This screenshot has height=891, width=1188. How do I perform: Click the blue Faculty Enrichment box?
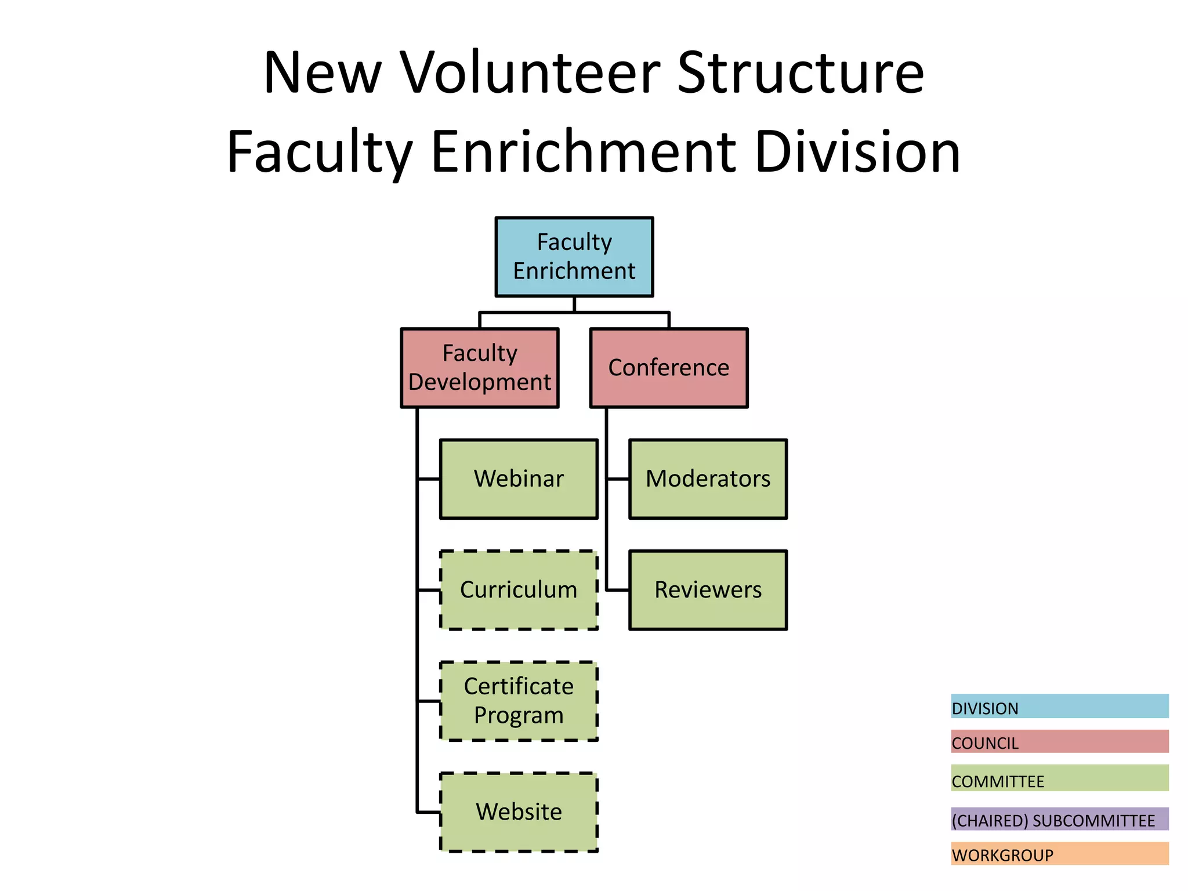[574, 257]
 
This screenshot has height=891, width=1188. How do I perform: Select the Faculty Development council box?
[480, 368]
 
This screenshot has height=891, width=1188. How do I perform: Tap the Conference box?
[669, 368]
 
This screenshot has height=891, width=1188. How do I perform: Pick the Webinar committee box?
[519, 479]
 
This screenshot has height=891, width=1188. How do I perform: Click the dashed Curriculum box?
[519, 590]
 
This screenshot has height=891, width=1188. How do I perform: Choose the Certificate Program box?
[519, 701]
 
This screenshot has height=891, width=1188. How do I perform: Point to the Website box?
[519, 812]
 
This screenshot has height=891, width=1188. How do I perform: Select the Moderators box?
[708, 479]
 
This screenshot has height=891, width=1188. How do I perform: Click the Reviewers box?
[708, 590]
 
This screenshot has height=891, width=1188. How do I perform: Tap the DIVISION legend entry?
[1059, 707]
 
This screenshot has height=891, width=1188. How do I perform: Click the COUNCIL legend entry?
[1059, 742]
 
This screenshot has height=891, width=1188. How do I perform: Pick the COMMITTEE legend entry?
[1059, 778]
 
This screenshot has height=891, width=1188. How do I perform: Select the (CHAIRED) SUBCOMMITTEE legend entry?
[1059, 819]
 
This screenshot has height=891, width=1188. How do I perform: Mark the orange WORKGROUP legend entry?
[1059, 854]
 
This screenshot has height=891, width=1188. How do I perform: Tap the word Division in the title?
[858, 152]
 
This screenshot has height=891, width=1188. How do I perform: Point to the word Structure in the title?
[801, 73]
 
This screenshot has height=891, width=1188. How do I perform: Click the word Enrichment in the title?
[584, 152]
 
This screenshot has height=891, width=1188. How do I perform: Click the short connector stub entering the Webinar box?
[429, 479]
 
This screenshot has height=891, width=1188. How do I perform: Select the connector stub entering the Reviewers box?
[618, 590]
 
